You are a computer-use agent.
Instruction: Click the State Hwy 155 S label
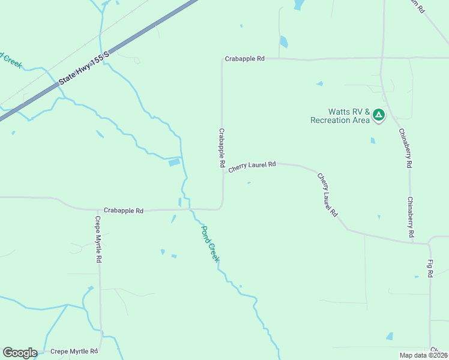84,68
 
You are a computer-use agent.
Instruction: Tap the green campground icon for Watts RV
378,115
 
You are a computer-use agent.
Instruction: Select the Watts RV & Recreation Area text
340,116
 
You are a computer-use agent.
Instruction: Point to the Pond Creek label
210,243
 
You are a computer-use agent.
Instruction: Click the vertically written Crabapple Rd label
221,148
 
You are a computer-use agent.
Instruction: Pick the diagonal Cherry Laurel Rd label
328,195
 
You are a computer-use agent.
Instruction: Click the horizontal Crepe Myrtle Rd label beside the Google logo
74,352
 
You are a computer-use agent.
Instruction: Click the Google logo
20,353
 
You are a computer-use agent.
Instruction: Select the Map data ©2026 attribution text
423,355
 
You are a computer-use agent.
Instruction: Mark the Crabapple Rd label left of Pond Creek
124,211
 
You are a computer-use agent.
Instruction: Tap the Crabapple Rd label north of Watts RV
245,59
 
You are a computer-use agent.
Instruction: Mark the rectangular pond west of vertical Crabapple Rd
174,162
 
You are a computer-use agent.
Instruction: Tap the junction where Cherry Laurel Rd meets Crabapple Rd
223,172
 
